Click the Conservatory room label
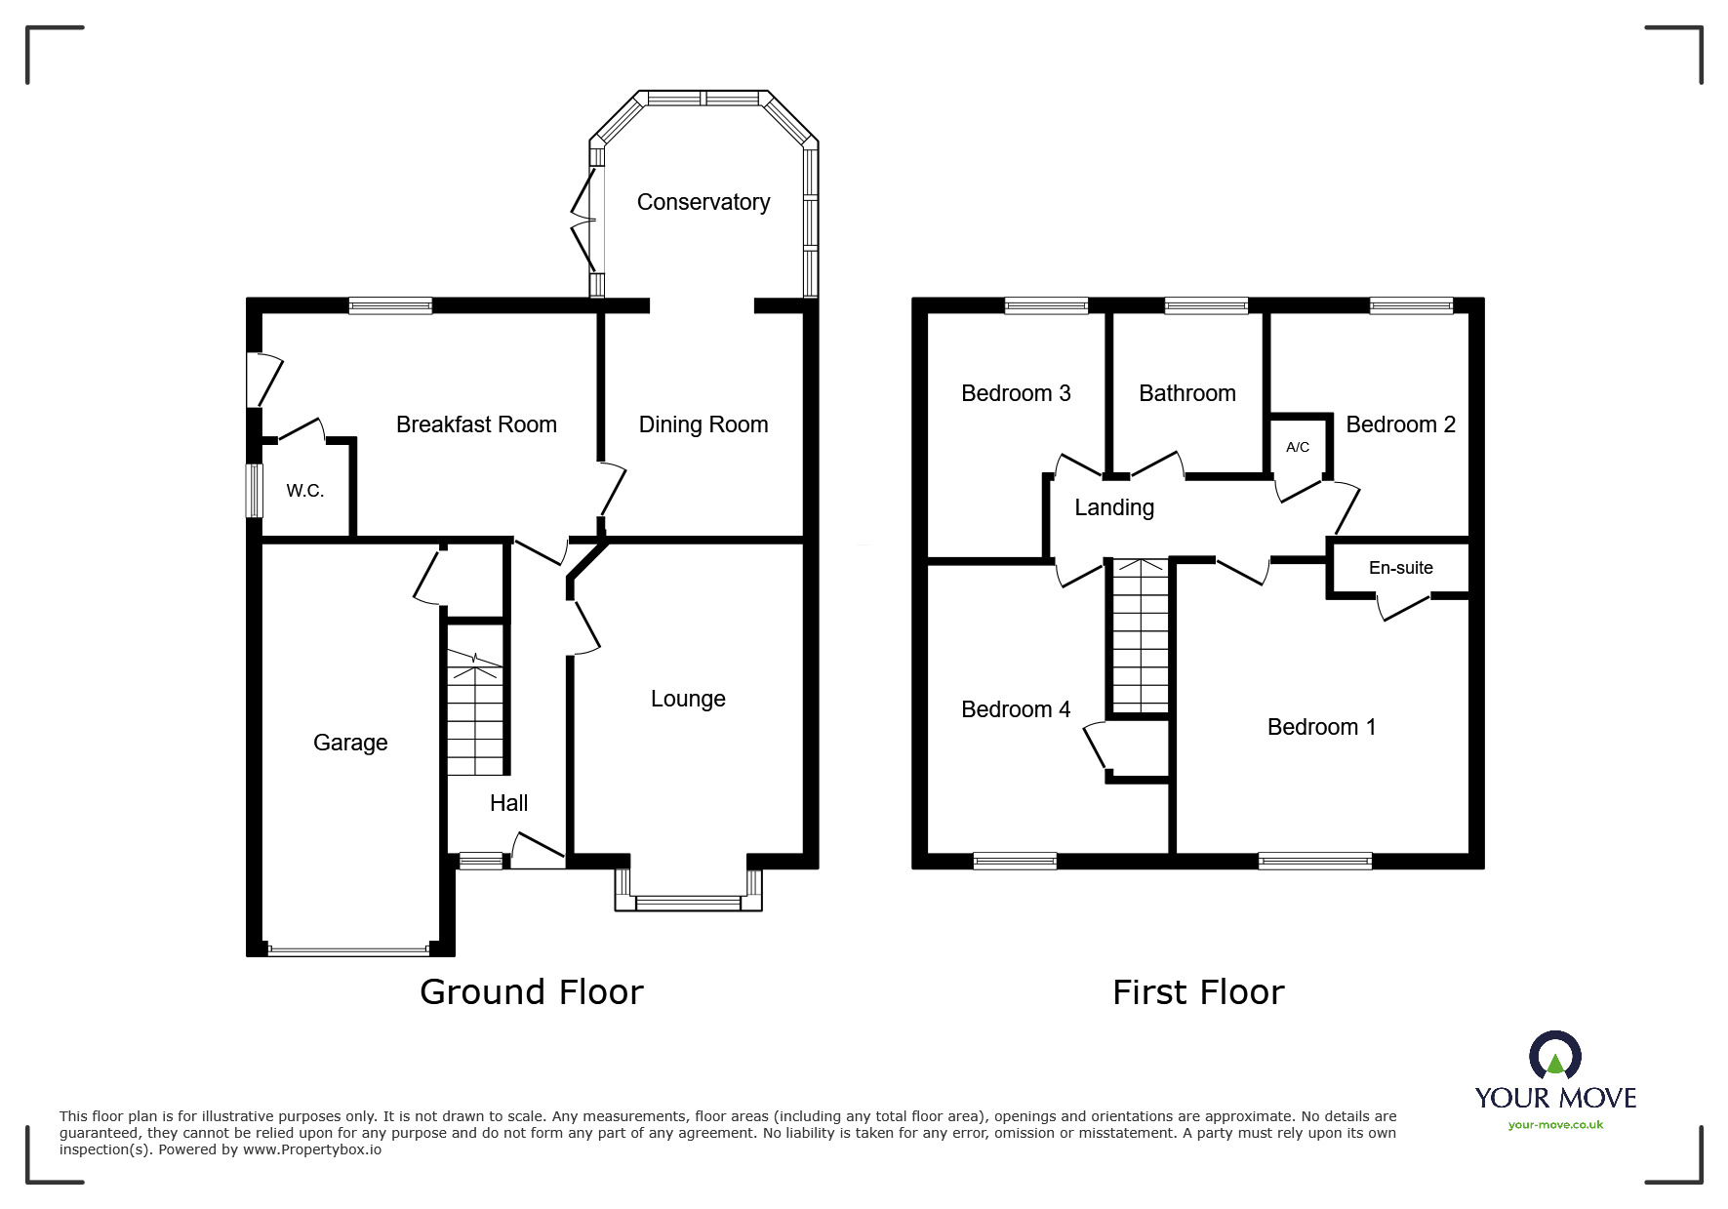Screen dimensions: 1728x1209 coord(703,202)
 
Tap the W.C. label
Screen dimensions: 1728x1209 coord(305,491)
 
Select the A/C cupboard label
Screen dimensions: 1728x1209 coord(1298,447)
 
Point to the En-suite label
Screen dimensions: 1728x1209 coord(1401,568)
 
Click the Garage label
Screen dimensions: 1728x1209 coord(350,743)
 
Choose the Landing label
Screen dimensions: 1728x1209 coord(1114,507)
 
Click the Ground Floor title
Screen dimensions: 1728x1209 coord(532,991)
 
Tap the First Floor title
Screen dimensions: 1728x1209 coord(1198,992)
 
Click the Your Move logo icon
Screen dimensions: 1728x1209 coord(1555,1055)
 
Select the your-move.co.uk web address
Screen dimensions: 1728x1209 coord(1555,1124)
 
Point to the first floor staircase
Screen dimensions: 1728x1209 coord(1140,635)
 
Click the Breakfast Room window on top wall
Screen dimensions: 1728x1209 coord(390,305)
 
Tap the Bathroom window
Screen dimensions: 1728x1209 coord(1206,305)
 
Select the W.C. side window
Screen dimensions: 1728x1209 coord(254,490)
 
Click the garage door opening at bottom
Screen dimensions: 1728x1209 coord(348,948)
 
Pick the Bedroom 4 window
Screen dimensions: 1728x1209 coord(1015,861)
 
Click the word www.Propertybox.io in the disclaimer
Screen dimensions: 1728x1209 coord(312,1149)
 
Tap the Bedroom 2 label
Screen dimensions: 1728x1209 coord(1400,424)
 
